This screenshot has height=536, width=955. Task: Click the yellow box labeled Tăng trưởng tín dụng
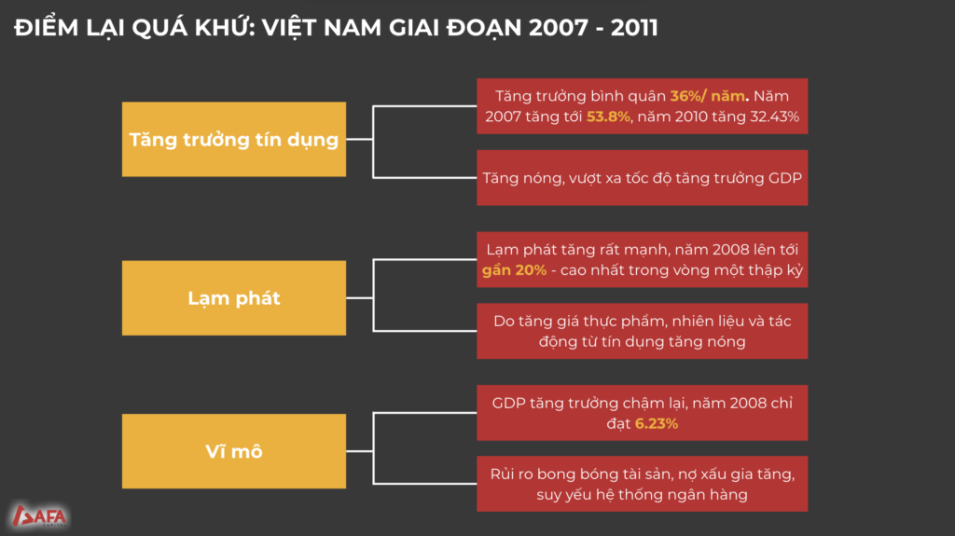pyautogui.click(x=234, y=140)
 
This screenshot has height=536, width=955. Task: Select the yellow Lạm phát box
pyautogui.click(x=234, y=298)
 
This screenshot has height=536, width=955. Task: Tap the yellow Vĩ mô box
pyautogui.click(x=234, y=451)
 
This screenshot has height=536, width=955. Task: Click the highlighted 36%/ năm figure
pyautogui.click(x=707, y=96)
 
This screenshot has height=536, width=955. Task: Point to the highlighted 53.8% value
pyautogui.click(x=608, y=117)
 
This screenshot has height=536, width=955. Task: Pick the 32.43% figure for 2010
pyautogui.click(x=774, y=117)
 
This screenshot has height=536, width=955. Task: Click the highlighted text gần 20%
pyautogui.click(x=514, y=270)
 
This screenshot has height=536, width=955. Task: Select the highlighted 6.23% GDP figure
pyautogui.click(x=656, y=423)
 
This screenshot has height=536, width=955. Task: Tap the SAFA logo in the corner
pyautogui.click(x=39, y=515)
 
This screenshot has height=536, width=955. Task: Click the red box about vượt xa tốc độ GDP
pyautogui.click(x=642, y=178)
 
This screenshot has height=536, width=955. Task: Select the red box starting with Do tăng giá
pyautogui.click(x=642, y=331)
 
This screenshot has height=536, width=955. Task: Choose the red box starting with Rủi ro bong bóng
pyautogui.click(x=642, y=484)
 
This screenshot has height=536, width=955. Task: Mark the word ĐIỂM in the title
pyautogui.click(x=47, y=28)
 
